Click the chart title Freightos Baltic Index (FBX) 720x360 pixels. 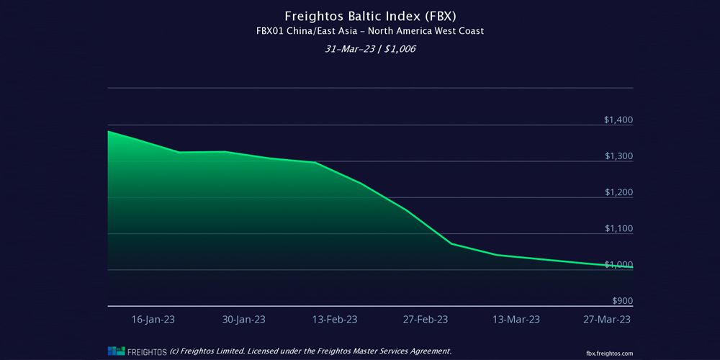tap(360, 14)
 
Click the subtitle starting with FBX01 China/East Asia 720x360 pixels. tap(360, 31)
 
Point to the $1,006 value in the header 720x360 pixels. tap(401, 49)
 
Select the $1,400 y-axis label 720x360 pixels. tap(618, 120)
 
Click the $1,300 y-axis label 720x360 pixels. tap(618, 156)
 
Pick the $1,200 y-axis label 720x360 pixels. tap(618, 192)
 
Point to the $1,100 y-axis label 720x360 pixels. tap(618, 229)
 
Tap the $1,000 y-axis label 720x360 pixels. tap(618, 265)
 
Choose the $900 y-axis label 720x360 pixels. tap(622, 301)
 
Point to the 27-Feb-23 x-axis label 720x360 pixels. tap(426, 319)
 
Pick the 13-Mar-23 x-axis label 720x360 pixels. tap(516, 319)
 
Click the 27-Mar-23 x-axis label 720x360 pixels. tap(607, 319)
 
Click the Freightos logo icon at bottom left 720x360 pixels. tap(116, 351)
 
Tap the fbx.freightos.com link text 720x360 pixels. tap(611, 353)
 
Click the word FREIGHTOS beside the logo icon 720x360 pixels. tap(147, 351)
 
